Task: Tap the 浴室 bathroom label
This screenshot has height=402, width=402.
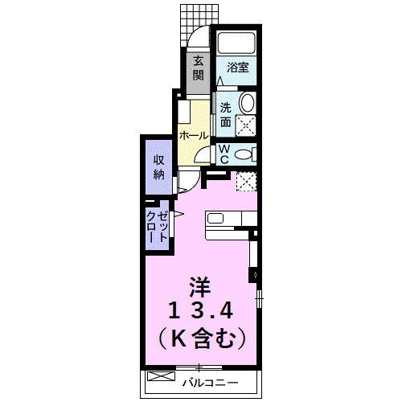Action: click(238, 69)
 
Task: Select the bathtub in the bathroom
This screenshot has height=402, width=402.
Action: click(236, 45)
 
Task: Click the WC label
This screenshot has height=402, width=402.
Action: click(224, 153)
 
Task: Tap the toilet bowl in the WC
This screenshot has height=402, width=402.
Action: click(244, 152)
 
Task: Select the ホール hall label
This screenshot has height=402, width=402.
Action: click(194, 136)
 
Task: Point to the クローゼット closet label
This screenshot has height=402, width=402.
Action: click(158, 227)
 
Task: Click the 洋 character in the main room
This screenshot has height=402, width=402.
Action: click(201, 286)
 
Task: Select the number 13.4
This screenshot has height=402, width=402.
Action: click(201, 311)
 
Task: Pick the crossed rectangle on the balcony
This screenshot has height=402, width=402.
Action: click(162, 376)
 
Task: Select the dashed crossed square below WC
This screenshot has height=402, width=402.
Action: click(246, 181)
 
